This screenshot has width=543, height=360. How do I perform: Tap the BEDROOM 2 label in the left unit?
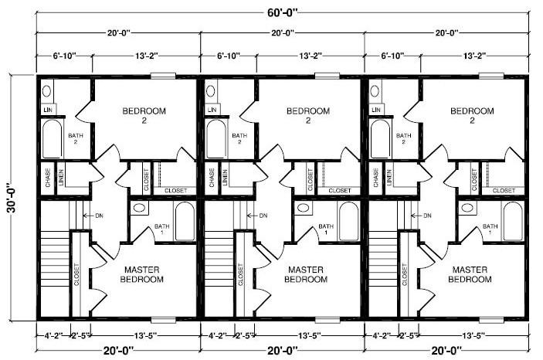pos(144,115)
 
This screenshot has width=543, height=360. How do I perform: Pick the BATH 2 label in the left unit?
pos(75,139)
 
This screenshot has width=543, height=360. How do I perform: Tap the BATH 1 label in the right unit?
pos(489,229)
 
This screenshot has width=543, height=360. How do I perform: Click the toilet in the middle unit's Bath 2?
pos(210,91)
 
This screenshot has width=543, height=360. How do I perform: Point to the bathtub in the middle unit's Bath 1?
pos(349,222)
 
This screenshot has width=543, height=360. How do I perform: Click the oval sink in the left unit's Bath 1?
pos(138,208)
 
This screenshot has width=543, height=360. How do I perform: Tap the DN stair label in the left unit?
pos(99,216)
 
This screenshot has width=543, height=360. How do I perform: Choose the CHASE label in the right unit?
pos(376,178)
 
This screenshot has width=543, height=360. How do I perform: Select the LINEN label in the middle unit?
pos(224,178)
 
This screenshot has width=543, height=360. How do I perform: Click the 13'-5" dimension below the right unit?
pos(473,335)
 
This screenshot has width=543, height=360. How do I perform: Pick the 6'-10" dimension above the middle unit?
pos(229,56)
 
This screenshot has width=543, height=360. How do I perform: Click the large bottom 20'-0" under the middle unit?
pos(283,350)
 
